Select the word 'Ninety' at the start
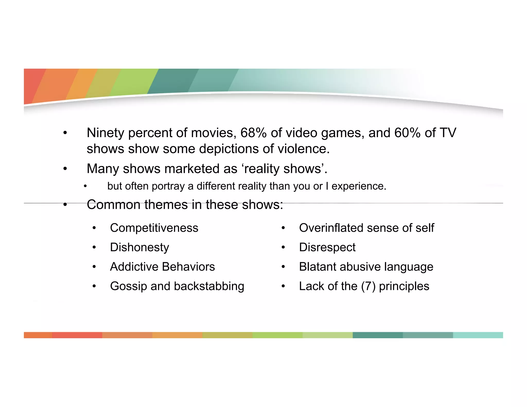tap(106, 133)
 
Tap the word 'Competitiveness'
tap(154, 228)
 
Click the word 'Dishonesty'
tap(139, 247)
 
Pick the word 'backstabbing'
tap(209, 286)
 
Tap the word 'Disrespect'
tap(327, 247)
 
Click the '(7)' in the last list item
tap(368, 286)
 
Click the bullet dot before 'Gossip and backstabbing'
tap(94, 286)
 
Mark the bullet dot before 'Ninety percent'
tap(65, 133)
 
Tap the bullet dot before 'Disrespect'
tap(283, 247)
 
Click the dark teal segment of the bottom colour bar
tap(377, 335)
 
